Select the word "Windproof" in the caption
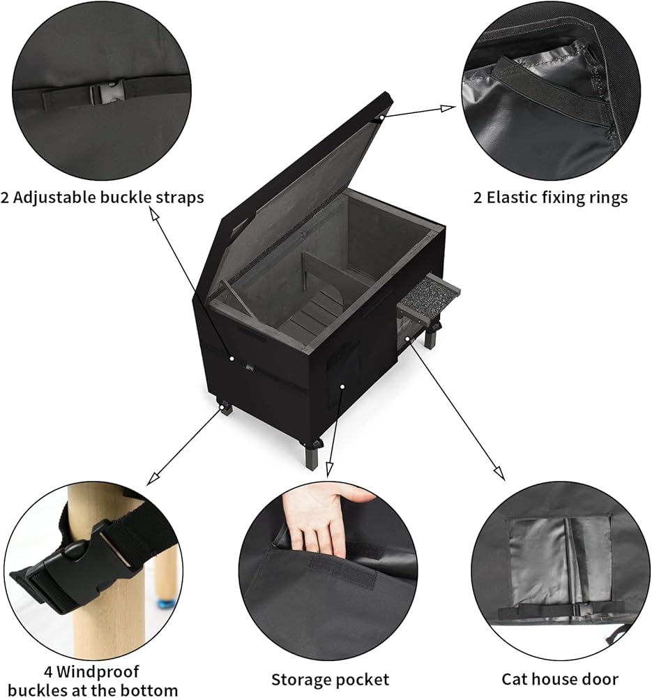coord(98,671)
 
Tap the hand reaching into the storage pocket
coord(320,517)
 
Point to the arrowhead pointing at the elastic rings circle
coord(448,107)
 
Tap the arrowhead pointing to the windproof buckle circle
coord(153,479)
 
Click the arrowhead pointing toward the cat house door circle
coord(499,474)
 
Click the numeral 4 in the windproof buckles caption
coord(48,671)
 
